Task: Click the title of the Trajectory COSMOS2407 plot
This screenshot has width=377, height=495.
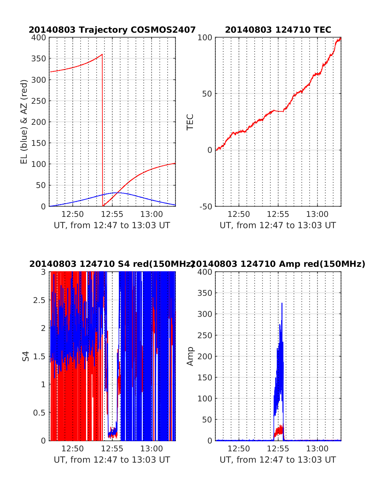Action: click(x=112, y=30)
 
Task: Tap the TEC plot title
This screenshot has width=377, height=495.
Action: click(x=278, y=30)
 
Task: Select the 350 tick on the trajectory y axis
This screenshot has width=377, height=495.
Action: click(x=39, y=59)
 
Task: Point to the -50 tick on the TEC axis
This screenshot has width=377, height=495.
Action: click(x=206, y=206)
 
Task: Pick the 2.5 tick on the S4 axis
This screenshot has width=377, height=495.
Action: click(x=39, y=300)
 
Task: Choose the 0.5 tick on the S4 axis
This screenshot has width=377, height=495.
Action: click(x=39, y=413)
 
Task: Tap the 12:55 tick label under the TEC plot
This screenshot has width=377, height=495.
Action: click(x=278, y=214)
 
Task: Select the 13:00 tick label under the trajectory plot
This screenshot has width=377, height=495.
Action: click(x=151, y=214)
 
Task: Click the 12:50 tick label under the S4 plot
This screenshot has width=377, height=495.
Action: click(x=73, y=449)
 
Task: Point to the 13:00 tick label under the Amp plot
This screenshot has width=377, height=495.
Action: click(x=317, y=449)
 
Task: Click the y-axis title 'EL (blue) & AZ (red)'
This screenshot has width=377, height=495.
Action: click(x=24, y=122)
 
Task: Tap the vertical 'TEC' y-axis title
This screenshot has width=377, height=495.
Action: click(x=190, y=122)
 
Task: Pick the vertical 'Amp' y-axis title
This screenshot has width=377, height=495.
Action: click(x=190, y=356)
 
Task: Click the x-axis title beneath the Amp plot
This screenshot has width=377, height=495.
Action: click(x=278, y=460)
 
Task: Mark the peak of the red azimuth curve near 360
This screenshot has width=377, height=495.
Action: click(x=102, y=54)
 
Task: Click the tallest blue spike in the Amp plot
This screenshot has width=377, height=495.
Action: click(x=282, y=303)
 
